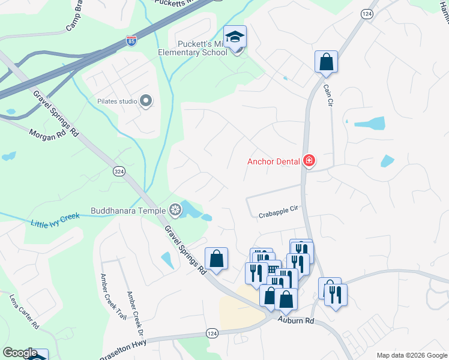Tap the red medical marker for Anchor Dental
pyautogui.click(x=309, y=160)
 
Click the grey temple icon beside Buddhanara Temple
pyautogui.click(x=175, y=210)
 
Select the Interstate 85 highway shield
pyautogui.click(x=131, y=40)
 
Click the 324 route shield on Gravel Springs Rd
pyautogui.click(x=119, y=172)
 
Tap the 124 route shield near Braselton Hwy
pyautogui.click(x=211, y=333)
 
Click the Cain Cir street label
pyautogui.click(x=328, y=95)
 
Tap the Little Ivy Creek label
pyautogui.click(x=55, y=223)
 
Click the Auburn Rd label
pyautogui.click(x=296, y=321)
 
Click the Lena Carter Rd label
pyautogui.click(x=25, y=311)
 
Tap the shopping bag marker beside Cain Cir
pyautogui.click(x=326, y=62)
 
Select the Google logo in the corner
pyautogui.click(x=20, y=353)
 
